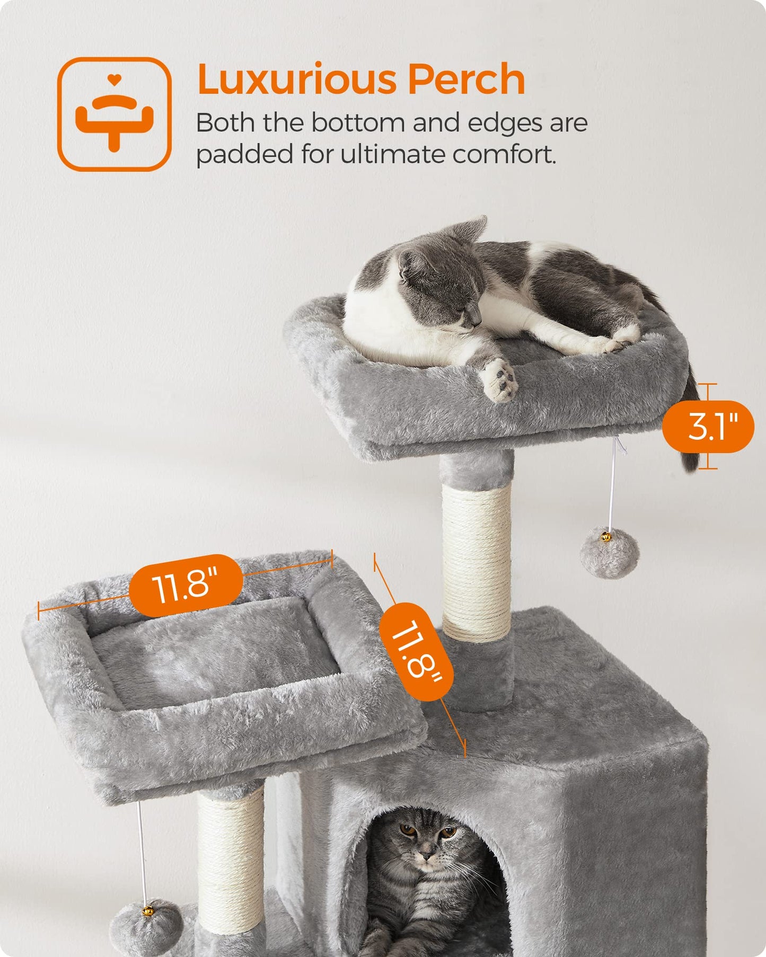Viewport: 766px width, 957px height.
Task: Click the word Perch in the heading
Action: coord(466,79)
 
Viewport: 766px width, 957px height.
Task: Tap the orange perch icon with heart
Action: coord(114,114)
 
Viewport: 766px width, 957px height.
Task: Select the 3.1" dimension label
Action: coord(708,427)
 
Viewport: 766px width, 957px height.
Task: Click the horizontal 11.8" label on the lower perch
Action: coord(186,585)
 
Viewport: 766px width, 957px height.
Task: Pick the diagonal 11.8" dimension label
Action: coord(417,651)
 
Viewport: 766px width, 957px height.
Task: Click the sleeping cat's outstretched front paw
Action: coord(498,379)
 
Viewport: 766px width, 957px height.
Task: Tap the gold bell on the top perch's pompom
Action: coord(606,537)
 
